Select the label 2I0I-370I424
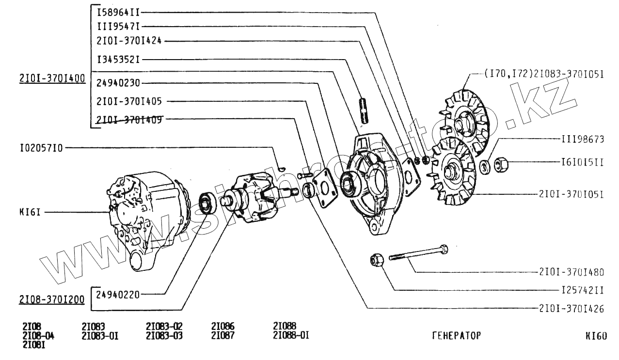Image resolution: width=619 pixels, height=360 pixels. coord(129,41)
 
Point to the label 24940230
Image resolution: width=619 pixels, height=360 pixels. coord(118,83)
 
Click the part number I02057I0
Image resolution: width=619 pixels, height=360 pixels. coord(41,148)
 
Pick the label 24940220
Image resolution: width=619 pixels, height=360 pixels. coord(118,293)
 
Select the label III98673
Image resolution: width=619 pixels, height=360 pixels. coord(583,139)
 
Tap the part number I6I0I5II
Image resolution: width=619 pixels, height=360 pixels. coord(583,162)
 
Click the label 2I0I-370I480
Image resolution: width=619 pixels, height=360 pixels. coord(571,272)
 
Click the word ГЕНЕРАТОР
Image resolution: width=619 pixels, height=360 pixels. coord(456,335)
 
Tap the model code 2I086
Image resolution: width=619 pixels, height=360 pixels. coord(223,327)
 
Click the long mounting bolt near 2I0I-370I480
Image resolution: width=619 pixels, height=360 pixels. coord(417,254)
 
